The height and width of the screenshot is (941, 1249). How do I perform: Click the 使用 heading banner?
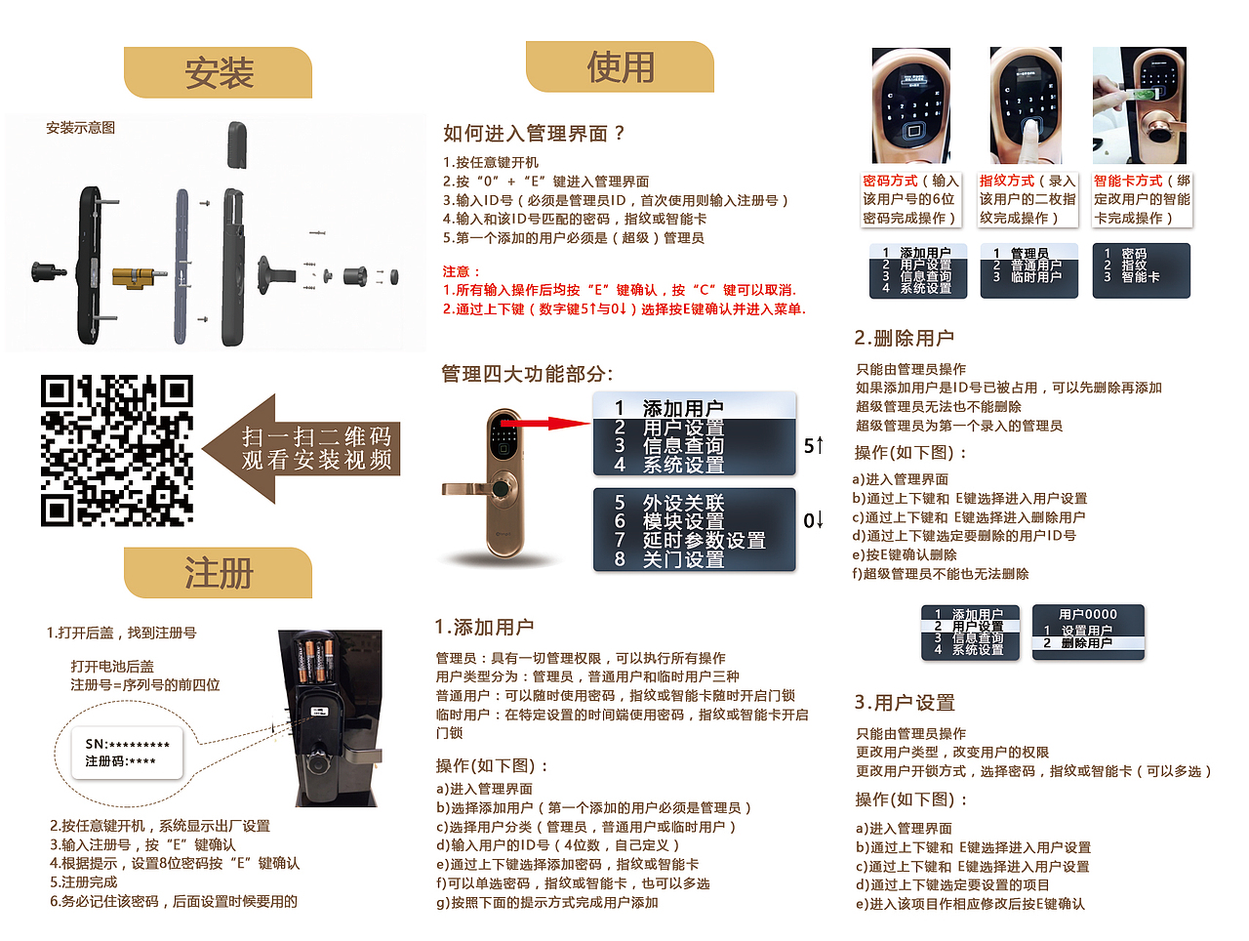pyautogui.click(x=620, y=67)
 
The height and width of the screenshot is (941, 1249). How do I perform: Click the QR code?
pyautogui.click(x=117, y=450)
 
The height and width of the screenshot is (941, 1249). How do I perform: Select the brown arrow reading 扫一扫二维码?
pyautogui.click(x=302, y=448)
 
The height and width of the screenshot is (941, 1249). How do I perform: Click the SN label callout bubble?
pyautogui.click(x=127, y=753)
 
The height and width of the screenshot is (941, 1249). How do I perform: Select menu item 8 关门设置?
pyautogui.click(x=683, y=559)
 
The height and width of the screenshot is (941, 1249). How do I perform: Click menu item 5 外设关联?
pyautogui.click(x=683, y=503)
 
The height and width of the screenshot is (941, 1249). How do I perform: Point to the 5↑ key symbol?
pyautogui.click(x=813, y=446)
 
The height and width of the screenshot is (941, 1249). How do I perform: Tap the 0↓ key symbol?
pyautogui.click(x=813, y=520)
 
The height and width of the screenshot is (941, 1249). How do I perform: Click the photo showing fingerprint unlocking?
pyautogui.click(x=1026, y=105)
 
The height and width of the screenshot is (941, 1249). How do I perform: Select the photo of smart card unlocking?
pyautogui.click(x=1139, y=105)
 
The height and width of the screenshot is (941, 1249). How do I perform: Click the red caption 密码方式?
pyautogui.click(x=890, y=181)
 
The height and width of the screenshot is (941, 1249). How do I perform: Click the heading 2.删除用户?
pyautogui.click(x=904, y=338)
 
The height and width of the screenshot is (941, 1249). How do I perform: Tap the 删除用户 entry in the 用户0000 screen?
pyautogui.click(x=1086, y=643)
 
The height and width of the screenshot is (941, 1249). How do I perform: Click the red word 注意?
pyautogui.click(x=461, y=271)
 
